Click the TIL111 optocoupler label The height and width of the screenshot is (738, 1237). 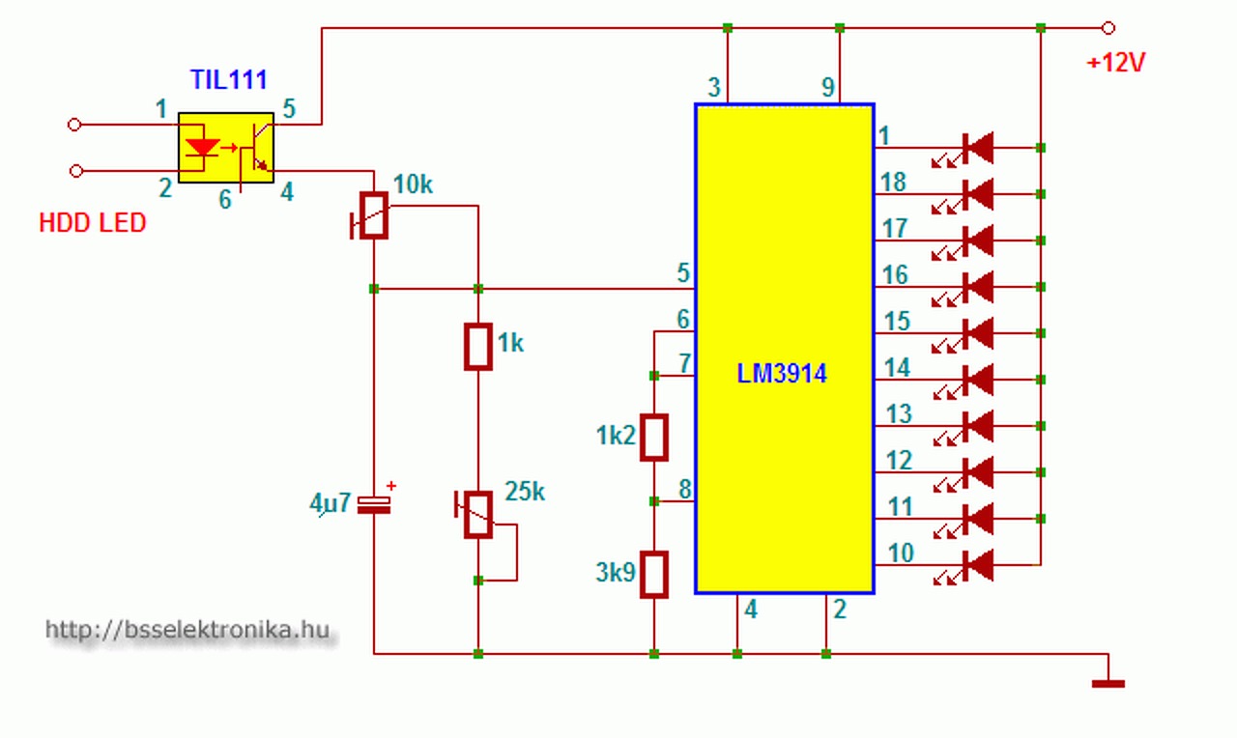coord(229,80)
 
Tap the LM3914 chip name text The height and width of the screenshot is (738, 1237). coord(782,374)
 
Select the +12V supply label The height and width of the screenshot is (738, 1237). coord(1115,63)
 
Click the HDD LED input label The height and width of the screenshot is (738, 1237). coord(92,222)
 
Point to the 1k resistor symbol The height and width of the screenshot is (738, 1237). coord(478,347)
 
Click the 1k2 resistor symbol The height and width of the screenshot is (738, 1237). coord(654,438)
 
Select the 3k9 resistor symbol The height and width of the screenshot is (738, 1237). coord(654,575)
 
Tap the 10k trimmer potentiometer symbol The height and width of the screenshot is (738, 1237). coord(371,215)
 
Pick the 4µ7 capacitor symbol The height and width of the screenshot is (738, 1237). coord(374,505)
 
